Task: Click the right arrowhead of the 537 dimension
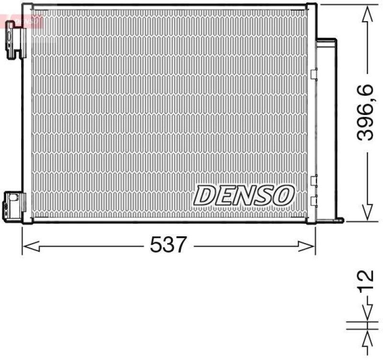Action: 307,246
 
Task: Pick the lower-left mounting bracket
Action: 12,204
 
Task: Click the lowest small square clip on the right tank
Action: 314,201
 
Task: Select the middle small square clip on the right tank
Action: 314,181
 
